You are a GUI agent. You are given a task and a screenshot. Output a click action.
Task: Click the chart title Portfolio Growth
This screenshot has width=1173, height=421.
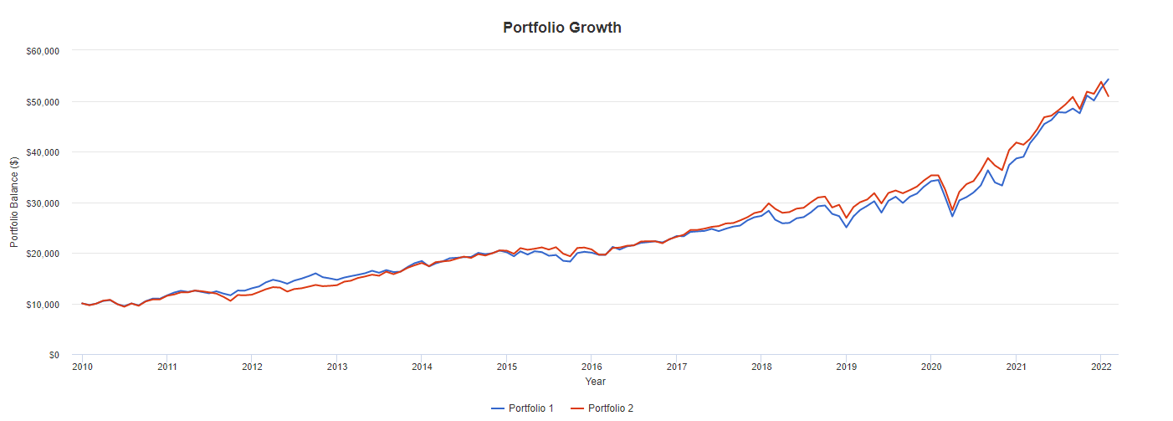(561, 28)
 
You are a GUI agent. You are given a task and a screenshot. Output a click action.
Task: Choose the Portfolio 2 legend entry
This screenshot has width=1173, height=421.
(603, 408)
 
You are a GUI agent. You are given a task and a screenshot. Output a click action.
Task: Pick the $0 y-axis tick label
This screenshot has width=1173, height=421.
(52, 355)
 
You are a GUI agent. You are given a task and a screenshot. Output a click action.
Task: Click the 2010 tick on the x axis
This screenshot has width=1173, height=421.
(82, 367)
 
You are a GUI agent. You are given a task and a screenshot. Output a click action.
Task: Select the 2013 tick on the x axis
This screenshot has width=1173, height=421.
(337, 367)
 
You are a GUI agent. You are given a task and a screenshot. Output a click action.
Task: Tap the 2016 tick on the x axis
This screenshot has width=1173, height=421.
(592, 367)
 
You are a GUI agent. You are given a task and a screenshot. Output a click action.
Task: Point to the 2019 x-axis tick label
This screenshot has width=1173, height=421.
(846, 367)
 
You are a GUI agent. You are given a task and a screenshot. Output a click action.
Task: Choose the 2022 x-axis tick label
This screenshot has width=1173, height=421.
(1101, 367)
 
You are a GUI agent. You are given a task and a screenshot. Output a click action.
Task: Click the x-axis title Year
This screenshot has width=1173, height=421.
(596, 381)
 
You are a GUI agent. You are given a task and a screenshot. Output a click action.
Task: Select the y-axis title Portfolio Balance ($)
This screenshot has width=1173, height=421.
(14, 203)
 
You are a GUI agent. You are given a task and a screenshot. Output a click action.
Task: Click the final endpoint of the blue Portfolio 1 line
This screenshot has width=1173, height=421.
(1109, 80)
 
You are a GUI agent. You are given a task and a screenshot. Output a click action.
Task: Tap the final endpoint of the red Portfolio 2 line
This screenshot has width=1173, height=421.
(1109, 96)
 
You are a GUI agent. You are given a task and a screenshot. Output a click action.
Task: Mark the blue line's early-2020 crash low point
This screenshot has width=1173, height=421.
(952, 216)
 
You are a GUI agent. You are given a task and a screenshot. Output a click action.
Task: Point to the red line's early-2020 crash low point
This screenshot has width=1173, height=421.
(952, 210)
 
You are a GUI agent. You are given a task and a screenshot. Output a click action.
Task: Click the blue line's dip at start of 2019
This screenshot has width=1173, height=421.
(846, 227)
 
